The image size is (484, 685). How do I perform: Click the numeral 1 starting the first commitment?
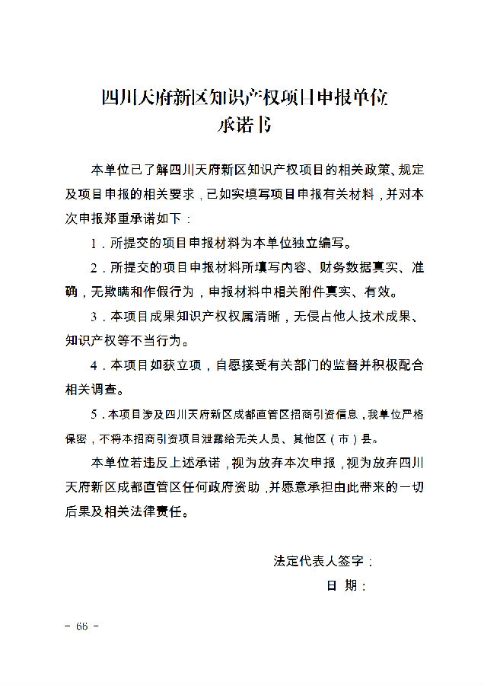pyautogui.click(x=94, y=244)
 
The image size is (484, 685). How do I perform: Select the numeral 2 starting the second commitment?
pyautogui.click(x=94, y=268)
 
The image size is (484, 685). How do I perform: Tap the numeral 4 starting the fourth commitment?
pyautogui.click(x=94, y=365)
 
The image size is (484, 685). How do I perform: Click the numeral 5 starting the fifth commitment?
pyautogui.click(x=93, y=415)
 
